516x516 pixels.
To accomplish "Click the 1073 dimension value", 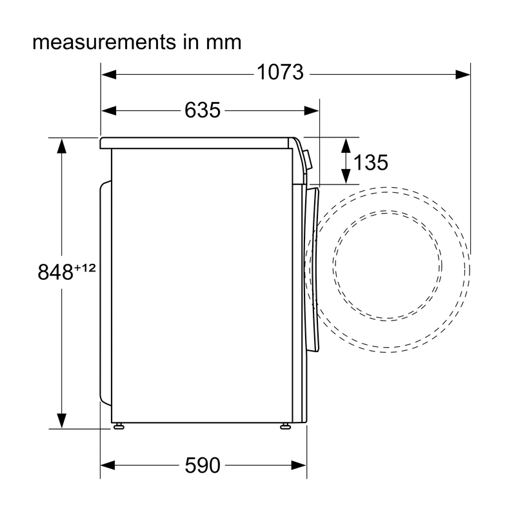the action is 280,72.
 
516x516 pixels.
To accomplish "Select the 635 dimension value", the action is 203,110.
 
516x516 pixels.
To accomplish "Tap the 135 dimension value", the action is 371,163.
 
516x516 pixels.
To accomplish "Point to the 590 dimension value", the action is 203,465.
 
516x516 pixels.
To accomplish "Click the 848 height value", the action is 55,272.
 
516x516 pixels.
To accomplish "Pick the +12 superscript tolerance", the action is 85,268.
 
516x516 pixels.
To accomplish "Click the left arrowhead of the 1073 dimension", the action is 109,74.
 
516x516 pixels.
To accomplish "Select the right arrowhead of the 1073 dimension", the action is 462,74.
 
